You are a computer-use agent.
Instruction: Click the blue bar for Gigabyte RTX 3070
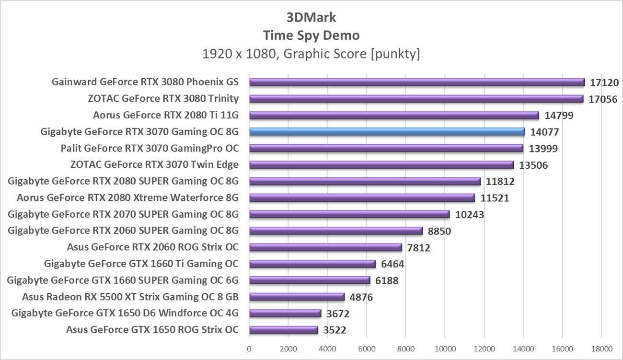pos(387,131)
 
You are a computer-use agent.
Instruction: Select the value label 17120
pos(604,82)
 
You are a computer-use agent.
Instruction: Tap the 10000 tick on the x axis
pos(444,348)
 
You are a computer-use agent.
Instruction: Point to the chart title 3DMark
pos(311,17)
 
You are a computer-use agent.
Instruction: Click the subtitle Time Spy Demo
pos(311,35)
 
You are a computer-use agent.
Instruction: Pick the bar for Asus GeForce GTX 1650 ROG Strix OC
pos(283,330)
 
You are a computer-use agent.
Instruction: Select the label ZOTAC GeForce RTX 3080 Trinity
pos(163,99)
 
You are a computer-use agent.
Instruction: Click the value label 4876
pos(361,297)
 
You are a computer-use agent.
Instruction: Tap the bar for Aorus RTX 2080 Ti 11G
pos(394,115)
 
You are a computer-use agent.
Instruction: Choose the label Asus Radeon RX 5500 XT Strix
pos(130,297)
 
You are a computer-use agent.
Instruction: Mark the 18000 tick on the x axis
pos(600,348)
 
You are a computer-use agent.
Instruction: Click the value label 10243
pos(470,215)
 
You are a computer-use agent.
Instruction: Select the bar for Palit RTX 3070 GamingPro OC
pos(386,148)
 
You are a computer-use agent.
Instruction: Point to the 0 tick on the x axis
pos(249,348)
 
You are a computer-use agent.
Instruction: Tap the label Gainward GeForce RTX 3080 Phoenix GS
pos(145,82)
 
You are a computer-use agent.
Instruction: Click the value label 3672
pos(338,314)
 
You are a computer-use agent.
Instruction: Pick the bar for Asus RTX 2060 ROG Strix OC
pos(325,247)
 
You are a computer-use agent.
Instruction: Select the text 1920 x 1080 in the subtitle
pos(240,54)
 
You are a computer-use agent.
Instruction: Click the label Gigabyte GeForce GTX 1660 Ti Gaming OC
pos(141,264)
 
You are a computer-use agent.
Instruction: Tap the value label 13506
pos(533,165)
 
